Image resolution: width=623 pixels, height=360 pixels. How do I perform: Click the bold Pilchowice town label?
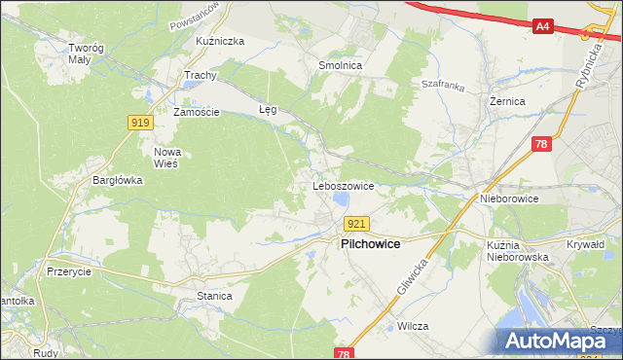tap(370, 244)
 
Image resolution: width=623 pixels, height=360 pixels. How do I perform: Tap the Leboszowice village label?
tap(343, 184)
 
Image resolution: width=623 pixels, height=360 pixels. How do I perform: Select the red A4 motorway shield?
tap(543, 27)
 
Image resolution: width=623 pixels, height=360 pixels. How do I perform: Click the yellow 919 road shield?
tap(138, 122)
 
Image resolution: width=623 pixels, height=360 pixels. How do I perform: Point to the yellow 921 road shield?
tap(356, 224)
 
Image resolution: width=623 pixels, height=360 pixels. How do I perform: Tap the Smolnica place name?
tap(341, 65)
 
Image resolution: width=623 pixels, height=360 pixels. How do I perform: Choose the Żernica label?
tap(507, 100)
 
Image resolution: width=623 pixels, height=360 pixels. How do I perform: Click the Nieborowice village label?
tap(509, 198)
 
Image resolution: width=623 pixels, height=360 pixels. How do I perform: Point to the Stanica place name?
tap(214, 295)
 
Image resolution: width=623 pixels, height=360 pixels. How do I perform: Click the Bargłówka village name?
tap(118, 180)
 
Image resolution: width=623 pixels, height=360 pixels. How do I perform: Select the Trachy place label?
tap(200, 75)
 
